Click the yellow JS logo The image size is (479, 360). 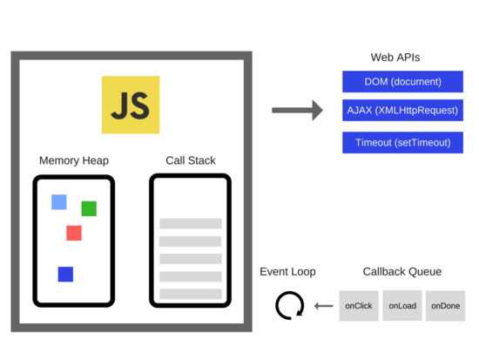point(131,105)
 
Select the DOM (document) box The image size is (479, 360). point(402,82)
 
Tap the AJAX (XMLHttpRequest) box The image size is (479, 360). point(402,112)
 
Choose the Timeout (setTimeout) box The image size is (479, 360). point(402,143)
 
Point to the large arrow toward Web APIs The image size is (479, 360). point(297,110)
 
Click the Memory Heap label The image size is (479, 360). point(74,160)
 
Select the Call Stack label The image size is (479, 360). point(191,160)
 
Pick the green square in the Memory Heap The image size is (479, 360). point(89,208)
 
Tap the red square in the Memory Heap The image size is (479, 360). point(74,233)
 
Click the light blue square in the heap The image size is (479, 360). point(59,202)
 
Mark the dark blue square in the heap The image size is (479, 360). point(65,275)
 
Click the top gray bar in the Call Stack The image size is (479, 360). point(191,224)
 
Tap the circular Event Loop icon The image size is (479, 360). point(289,306)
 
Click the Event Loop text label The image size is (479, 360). point(287,272)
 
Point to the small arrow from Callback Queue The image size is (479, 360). point(324,306)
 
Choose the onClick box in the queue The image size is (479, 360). point(359,306)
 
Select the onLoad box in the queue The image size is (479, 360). point(402,306)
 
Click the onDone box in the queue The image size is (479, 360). point(445,306)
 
